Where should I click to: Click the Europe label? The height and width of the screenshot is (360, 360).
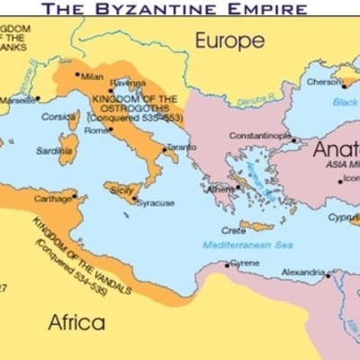click(231, 40)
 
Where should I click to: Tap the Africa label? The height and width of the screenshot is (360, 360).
click(76, 322)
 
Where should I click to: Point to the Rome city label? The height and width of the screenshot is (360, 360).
click(96, 130)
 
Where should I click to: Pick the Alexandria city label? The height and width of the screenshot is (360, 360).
click(301, 270)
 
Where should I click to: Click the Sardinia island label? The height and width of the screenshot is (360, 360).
click(54, 151)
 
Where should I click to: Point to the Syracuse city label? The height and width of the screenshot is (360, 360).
click(156, 202)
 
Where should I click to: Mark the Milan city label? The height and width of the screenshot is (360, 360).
click(93, 76)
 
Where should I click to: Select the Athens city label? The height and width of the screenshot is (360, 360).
click(222, 189)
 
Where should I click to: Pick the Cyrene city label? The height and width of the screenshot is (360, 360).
click(245, 263)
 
